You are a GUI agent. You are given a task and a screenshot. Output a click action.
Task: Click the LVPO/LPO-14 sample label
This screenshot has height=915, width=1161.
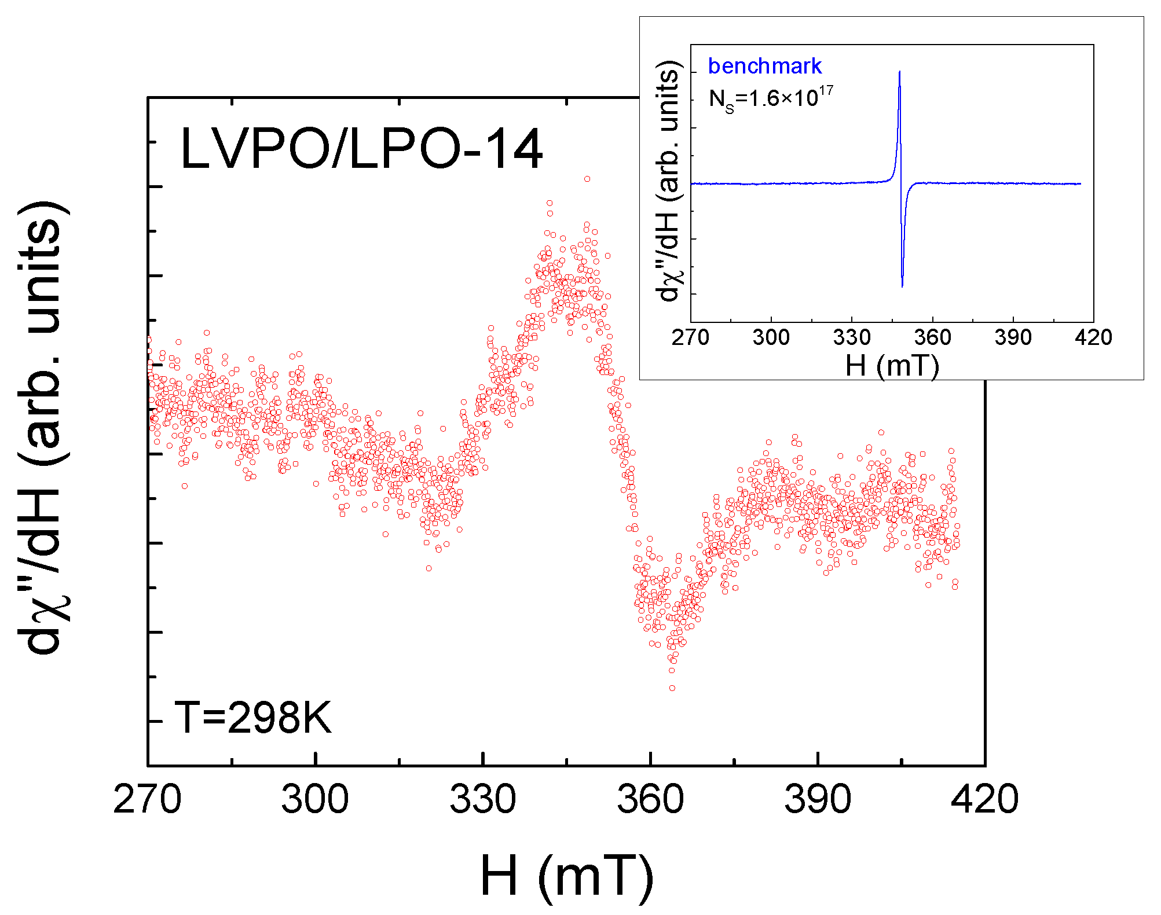[361, 149]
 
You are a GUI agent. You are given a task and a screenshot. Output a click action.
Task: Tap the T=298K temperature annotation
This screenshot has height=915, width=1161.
[253, 718]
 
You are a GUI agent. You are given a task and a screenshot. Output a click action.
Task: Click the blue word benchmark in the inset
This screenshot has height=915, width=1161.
[764, 66]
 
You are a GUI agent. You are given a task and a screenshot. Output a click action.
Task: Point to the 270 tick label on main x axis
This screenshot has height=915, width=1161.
[148, 800]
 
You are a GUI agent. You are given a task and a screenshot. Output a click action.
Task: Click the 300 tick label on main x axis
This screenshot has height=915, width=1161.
[315, 800]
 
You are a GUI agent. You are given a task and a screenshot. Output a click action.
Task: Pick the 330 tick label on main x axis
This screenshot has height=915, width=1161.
[482, 800]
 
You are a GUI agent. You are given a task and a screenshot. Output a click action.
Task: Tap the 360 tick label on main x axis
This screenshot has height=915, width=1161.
[650, 800]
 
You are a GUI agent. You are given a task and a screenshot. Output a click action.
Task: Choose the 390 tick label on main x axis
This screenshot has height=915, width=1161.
[818, 800]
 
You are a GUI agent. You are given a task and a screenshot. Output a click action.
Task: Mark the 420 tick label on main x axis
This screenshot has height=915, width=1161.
[984, 800]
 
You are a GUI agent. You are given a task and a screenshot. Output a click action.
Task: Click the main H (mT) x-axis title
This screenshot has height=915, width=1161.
[566, 877]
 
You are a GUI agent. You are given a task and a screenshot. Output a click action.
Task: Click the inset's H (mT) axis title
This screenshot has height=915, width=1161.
[892, 366]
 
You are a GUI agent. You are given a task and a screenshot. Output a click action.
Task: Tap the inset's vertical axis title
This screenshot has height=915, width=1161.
[669, 181]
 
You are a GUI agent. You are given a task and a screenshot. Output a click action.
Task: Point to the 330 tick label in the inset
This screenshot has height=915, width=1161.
[852, 337]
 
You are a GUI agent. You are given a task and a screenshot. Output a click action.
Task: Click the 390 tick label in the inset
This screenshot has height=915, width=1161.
[1013, 337]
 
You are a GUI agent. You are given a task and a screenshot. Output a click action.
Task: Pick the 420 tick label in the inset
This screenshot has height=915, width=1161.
[1093, 337]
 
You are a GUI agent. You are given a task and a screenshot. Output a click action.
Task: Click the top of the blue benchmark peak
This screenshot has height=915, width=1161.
[899, 72]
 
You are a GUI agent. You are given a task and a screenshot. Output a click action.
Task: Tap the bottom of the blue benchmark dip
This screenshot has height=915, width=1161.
[902, 286]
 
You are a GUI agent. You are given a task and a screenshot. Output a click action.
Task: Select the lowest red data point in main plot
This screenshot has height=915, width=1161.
[672, 688]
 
